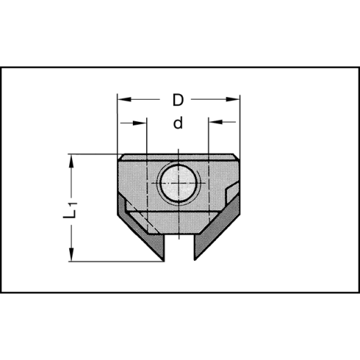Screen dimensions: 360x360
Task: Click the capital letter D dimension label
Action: [x=178, y=100]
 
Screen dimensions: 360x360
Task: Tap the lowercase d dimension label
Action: [x=178, y=124]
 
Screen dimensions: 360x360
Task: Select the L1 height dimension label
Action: [x=71, y=210]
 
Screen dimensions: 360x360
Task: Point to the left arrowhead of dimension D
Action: [x=123, y=100]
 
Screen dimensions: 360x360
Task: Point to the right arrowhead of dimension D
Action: [x=235, y=100]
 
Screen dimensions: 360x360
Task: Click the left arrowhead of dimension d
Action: [x=142, y=123]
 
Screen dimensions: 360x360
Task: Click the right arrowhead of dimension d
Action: [x=214, y=123]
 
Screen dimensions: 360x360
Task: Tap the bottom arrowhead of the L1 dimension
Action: [x=71, y=256]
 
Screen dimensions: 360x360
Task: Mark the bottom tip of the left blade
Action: [x=163, y=260]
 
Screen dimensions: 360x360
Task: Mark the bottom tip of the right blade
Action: [x=195, y=260]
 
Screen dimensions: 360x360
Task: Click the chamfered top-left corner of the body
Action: [x=120, y=157]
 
